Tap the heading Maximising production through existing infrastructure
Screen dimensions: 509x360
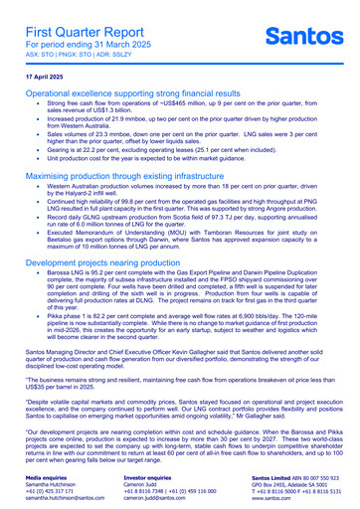pyautogui.click(x=142, y=174)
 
